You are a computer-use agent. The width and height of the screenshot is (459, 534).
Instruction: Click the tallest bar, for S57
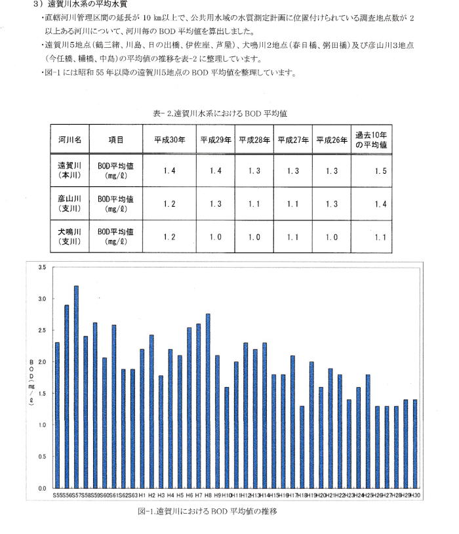(76, 387)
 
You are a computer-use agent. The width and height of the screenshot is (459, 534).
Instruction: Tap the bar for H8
(208, 401)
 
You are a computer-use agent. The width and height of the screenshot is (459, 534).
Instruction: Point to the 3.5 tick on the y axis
(41, 267)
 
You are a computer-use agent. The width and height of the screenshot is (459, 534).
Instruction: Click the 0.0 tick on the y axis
(41, 489)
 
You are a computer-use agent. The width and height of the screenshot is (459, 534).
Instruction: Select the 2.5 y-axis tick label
(41, 331)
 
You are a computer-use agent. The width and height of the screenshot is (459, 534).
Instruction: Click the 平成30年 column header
(169, 140)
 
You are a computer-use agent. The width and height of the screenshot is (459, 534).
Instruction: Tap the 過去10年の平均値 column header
(371, 140)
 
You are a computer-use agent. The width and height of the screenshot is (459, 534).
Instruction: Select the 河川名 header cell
(69, 140)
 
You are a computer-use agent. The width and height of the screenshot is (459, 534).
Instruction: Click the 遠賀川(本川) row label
(69, 171)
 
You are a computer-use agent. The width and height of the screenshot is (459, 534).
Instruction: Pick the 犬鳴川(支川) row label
(69, 237)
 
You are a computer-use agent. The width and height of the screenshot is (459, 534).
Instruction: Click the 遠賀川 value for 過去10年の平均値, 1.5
(371, 171)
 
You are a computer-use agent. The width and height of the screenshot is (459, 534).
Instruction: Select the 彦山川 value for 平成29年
(216, 204)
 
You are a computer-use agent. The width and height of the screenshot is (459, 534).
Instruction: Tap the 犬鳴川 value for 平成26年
(332, 237)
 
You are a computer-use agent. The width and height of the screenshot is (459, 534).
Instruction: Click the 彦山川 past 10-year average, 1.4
(371, 204)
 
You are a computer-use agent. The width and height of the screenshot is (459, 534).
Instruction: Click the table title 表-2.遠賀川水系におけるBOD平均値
(220, 113)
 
